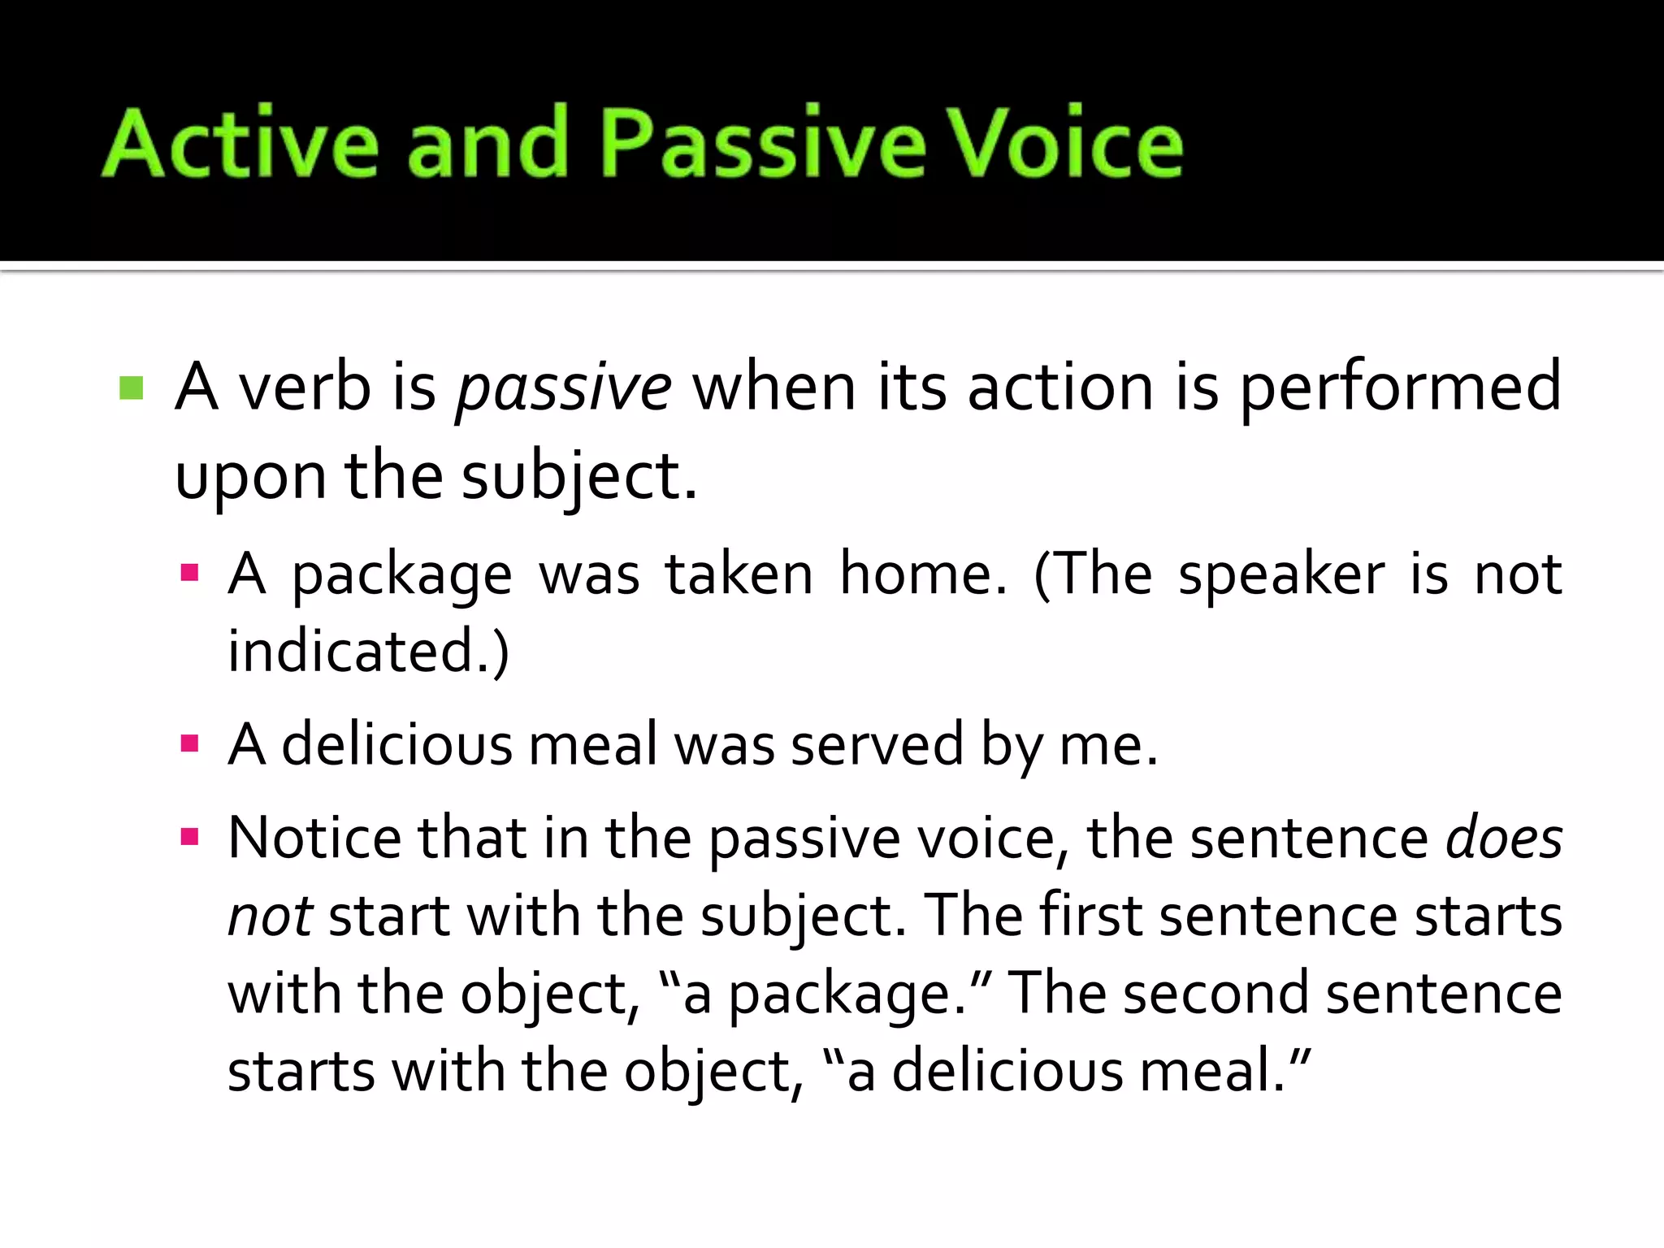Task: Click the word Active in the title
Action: click(x=240, y=143)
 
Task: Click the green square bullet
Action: click(x=131, y=388)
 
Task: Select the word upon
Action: click(x=249, y=478)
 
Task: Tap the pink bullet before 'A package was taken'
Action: click(x=189, y=574)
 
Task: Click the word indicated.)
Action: click(x=368, y=652)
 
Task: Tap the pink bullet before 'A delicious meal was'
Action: click(x=189, y=743)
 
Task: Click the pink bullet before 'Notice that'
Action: click(x=189, y=837)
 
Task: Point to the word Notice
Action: click(x=314, y=838)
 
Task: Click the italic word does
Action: click(x=1503, y=838)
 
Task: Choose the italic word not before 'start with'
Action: click(x=270, y=916)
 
